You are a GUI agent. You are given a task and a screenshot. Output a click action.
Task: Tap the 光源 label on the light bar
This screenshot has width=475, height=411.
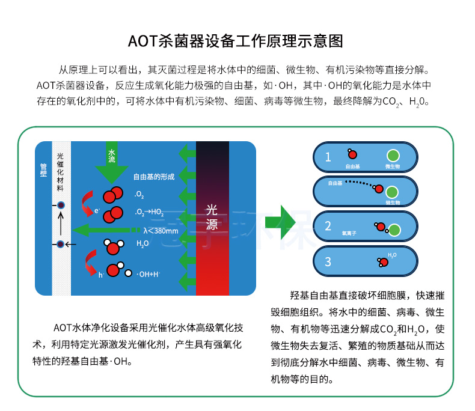pos(212,217)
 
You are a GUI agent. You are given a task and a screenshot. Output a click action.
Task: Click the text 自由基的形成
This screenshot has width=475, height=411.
pos(153,177)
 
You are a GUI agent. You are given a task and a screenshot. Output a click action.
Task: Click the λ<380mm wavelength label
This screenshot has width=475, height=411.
pos(161,231)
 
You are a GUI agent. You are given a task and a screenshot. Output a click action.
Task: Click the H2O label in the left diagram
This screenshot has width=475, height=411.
pos(142,243)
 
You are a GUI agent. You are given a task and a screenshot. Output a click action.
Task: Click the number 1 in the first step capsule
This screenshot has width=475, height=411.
pos(328,157)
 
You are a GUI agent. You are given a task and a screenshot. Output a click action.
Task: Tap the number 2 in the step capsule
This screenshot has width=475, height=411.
pos(328,226)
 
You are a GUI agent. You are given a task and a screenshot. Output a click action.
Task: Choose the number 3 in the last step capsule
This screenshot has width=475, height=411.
pos(328,261)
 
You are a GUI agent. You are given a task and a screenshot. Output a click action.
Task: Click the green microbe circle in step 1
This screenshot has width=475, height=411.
pos(392,155)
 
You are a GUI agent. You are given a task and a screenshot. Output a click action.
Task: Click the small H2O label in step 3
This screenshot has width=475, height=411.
pos(392,255)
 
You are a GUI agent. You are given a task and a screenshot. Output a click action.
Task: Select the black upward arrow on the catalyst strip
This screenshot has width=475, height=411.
pos(61,225)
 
